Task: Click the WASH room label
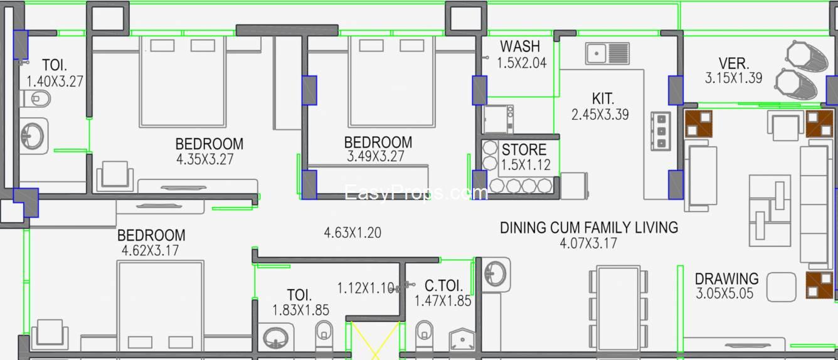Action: pyautogui.click(x=519, y=46)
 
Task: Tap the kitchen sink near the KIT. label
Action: pyautogui.click(x=607, y=53)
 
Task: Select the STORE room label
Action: pyautogui.click(x=524, y=150)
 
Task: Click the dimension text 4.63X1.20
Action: pyautogui.click(x=352, y=233)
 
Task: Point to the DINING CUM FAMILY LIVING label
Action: pyautogui.click(x=588, y=227)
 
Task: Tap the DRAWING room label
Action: pyautogui.click(x=726, y=278)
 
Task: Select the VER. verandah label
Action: pyautogui.click(x=733, y=63)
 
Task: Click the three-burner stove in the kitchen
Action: pyautogui.click(x=660, y=131)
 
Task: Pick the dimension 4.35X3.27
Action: pyautogui.click(x=205, y=159)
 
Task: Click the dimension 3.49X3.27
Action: pyautogui.click(x=376, y=157)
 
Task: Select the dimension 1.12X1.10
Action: pyautogui.click(x=366, y=288)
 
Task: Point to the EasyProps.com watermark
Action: pyautogui.click(x=416, y=193)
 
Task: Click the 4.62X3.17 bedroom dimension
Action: pyautogui.click(x=151, y=250)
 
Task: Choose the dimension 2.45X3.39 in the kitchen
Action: pyautogui.click(x=600, y=114)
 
